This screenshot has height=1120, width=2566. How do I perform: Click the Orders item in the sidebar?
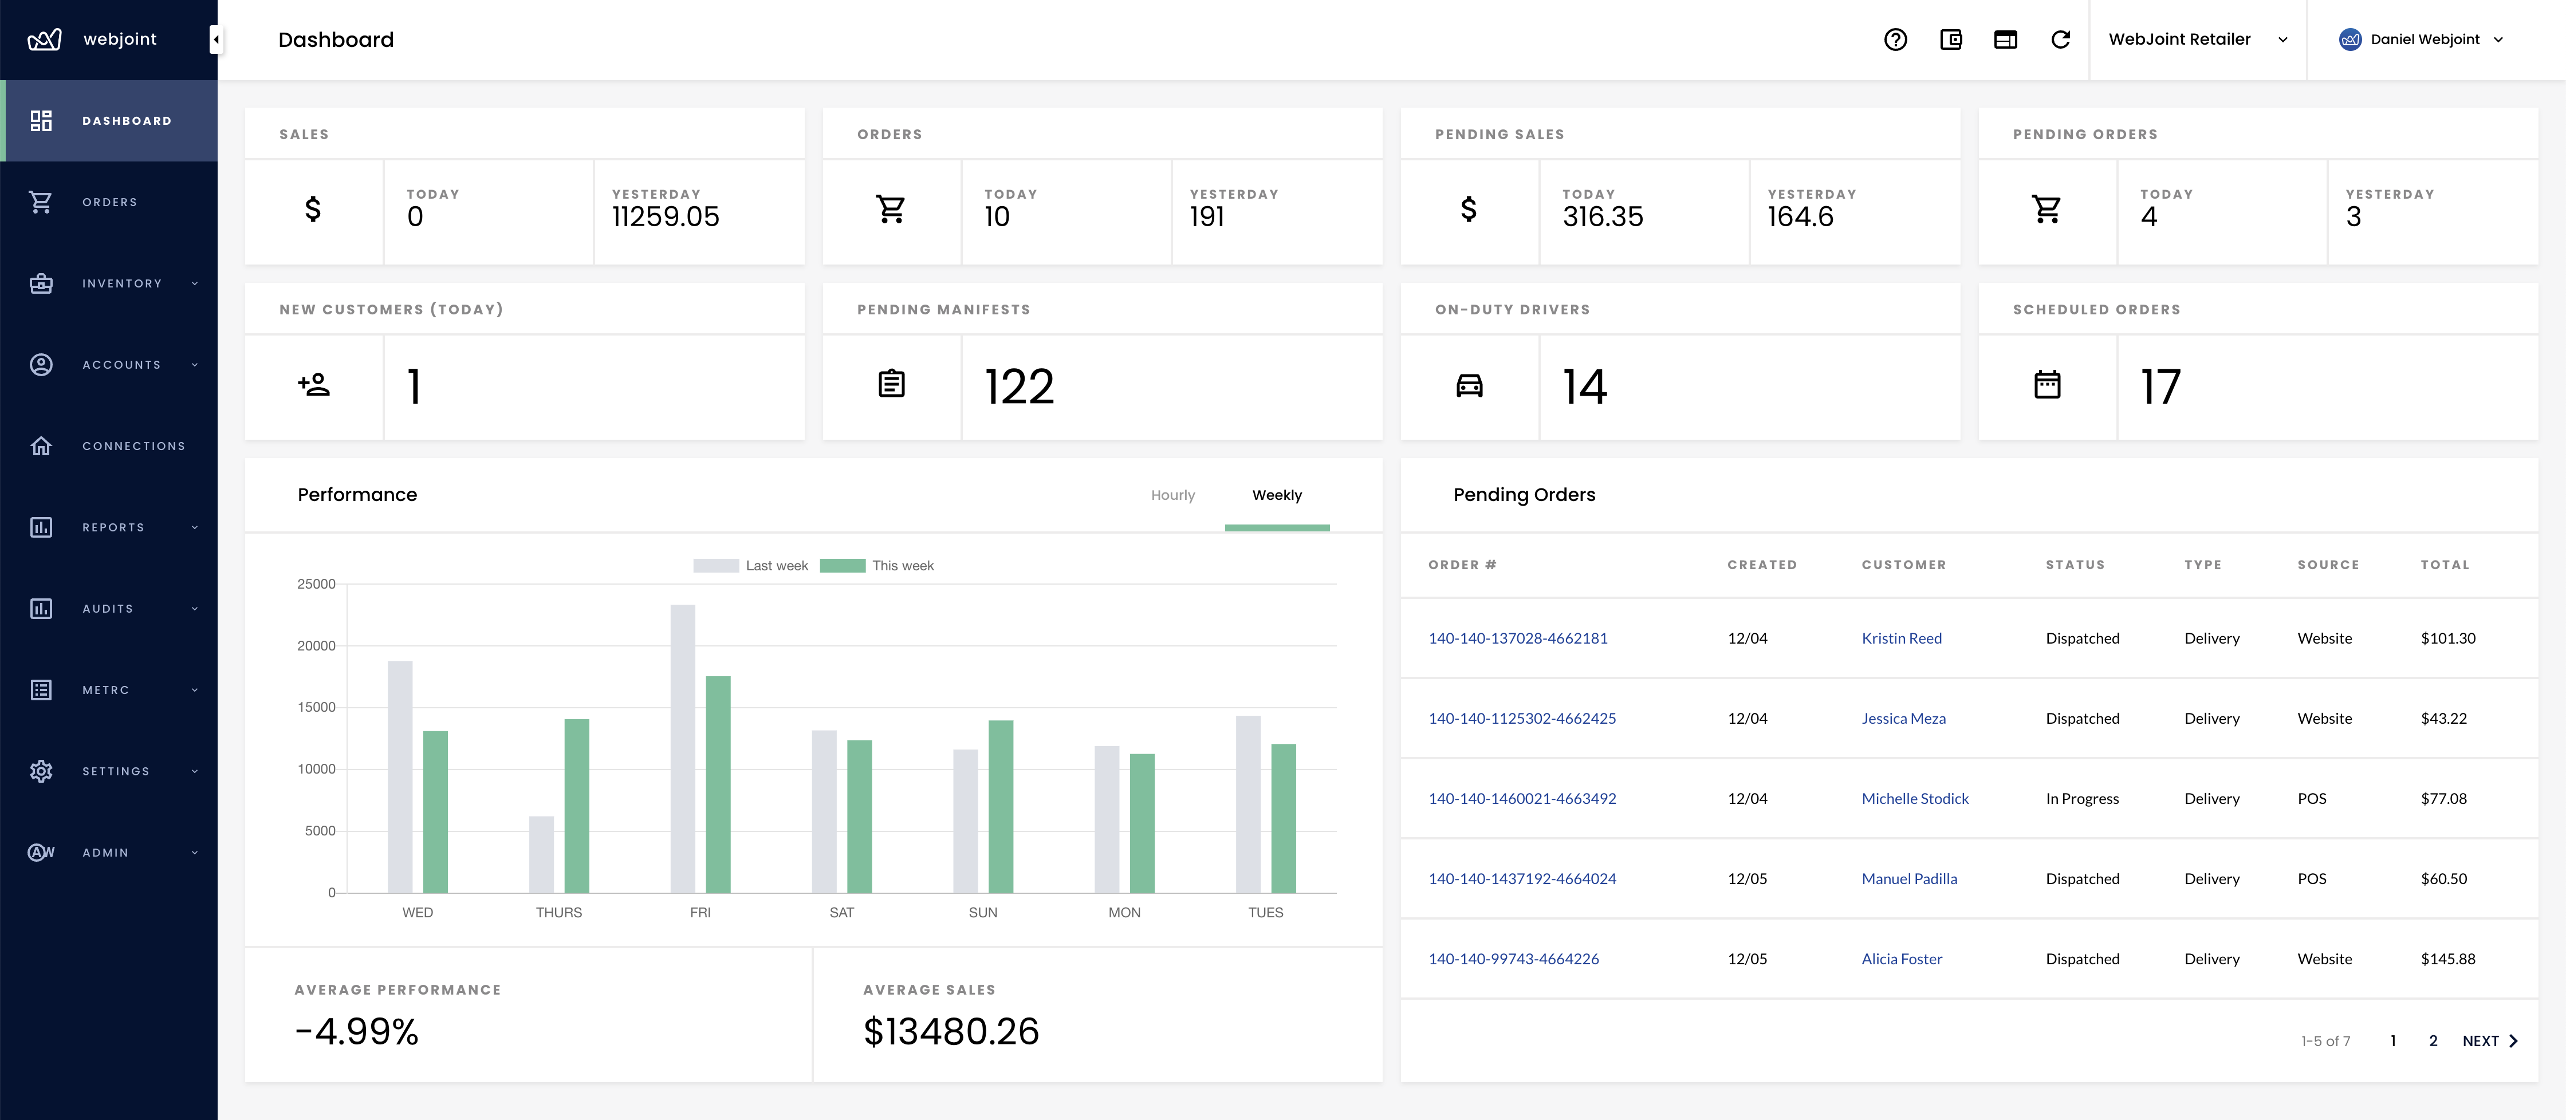pyautogui.click(x=109, y=202)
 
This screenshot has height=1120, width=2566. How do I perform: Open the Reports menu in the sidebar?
pyautogui.click(x=113, y=527)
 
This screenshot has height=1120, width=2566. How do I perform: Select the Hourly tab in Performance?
pyautogui.click(x=1172, y=495)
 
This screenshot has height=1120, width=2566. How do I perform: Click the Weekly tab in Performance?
pyautogui.click(x=1276, y=495)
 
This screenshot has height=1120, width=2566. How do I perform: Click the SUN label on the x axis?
pyautogui.click(x=982, y=912)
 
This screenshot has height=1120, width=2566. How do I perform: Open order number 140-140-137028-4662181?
pyautogui.click(x=1517, y=638)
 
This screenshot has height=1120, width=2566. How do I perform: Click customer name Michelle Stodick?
pyautogui.click(x=1915, y=798)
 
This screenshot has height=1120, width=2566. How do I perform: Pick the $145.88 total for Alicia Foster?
pyautogui.click(x=2447, y=959)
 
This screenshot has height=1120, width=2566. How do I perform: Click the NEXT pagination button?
pyautogui.click(x=2488, y=1040)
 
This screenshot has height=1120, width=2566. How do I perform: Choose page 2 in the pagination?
pyautogui.click(x=2433, y=1040)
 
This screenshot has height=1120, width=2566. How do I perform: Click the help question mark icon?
pyautogui.click(x=1895, y=40)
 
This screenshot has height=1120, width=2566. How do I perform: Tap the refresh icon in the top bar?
pyautogui.click(x=2060, y=40)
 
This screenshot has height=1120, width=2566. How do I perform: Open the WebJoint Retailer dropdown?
pyautogui.click(x=2197, y=40)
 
